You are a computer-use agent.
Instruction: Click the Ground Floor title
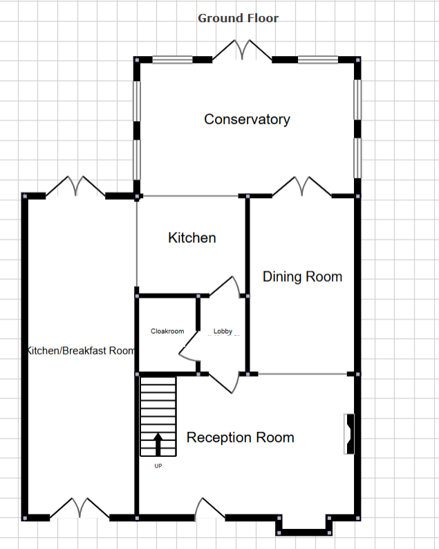tap(238, 18)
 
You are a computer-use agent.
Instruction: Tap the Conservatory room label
tap(247, 119)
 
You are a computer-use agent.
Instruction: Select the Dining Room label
tap(302, 277)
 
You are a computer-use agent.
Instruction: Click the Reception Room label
tap(240, 438)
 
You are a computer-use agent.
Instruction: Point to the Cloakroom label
tap(167, 332)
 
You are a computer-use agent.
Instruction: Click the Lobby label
tap(223, 332)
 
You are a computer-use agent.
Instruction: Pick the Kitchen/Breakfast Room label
tap(80, 351)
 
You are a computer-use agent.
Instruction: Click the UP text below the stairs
tap(158, 466)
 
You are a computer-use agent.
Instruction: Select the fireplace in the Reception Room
tap(349, 434)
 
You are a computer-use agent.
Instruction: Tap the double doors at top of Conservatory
tap(242, 51)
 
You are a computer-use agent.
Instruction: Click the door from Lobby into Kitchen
tap(226, 286)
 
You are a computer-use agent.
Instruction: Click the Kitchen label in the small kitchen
tap(192, 238)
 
